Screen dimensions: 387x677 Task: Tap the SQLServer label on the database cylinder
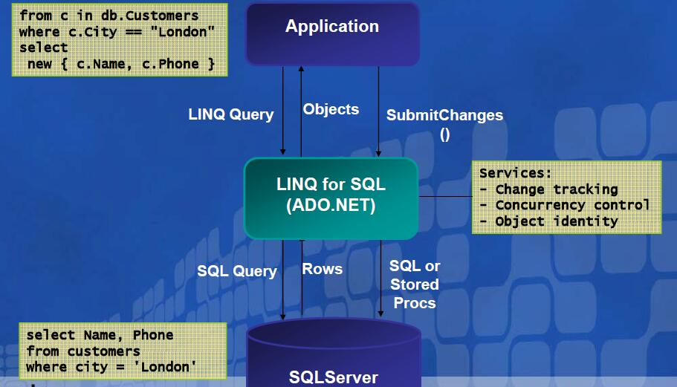coord(333,377)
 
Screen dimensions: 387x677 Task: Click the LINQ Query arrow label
coord(231,114)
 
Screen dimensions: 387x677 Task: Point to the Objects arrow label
coord(331,109)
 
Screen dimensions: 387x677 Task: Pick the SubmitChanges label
coord(444,115)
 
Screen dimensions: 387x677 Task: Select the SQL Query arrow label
coord(237,271)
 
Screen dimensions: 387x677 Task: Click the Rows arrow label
coord(323,269)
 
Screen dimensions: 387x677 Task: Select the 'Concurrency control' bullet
coord(572,205)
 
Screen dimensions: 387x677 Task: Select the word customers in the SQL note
coord(103,351)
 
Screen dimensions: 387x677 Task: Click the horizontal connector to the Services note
coord(445,197)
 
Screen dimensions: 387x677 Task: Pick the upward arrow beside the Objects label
coord(301,111)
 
